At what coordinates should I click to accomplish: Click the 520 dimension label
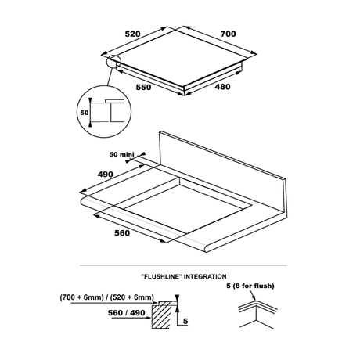pyautogui.click(x=132, y=34)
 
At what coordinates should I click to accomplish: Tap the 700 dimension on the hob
pyautogui.click(x=228, y=34)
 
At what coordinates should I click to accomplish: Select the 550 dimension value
pyautogui.click(x=143, y=87)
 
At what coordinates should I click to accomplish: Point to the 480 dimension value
pyautogui.click(x=222, y=87)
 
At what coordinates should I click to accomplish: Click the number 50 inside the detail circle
pyautogui.click(x=85, y=113)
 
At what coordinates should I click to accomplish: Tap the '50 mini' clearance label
pyautogui.click(x=121, y=154)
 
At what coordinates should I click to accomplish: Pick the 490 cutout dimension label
pyautogui.click(x=105, y=174)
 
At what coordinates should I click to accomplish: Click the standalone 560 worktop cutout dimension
pyautogui.click(x=122, y=232)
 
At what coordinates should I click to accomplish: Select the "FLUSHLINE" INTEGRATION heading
pyautogui.click(x=183, y=276)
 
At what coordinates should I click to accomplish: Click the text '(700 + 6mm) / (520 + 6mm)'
pyautogui.click(x=107, y=297)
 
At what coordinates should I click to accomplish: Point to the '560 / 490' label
pyautogui.click(x=127, y=312)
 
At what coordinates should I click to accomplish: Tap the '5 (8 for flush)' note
pyautogui.click(x=250, y=286)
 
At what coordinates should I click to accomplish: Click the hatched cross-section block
pyautogui.click(x=160, y=316)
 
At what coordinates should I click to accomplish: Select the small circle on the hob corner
pyautogui.click(x=113, y=62)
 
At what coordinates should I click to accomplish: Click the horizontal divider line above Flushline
pyautogui.click(x=183, y=265)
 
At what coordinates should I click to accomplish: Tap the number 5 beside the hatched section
pyautogui.click(x=185, y=321)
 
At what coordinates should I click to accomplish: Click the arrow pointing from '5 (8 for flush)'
pyautogui.click(x=252, y=295)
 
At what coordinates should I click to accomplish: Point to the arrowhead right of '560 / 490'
pyautogui.click(x=149, y=318)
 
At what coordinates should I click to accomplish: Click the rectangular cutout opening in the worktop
pyautogui.click(x=187, y=206)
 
